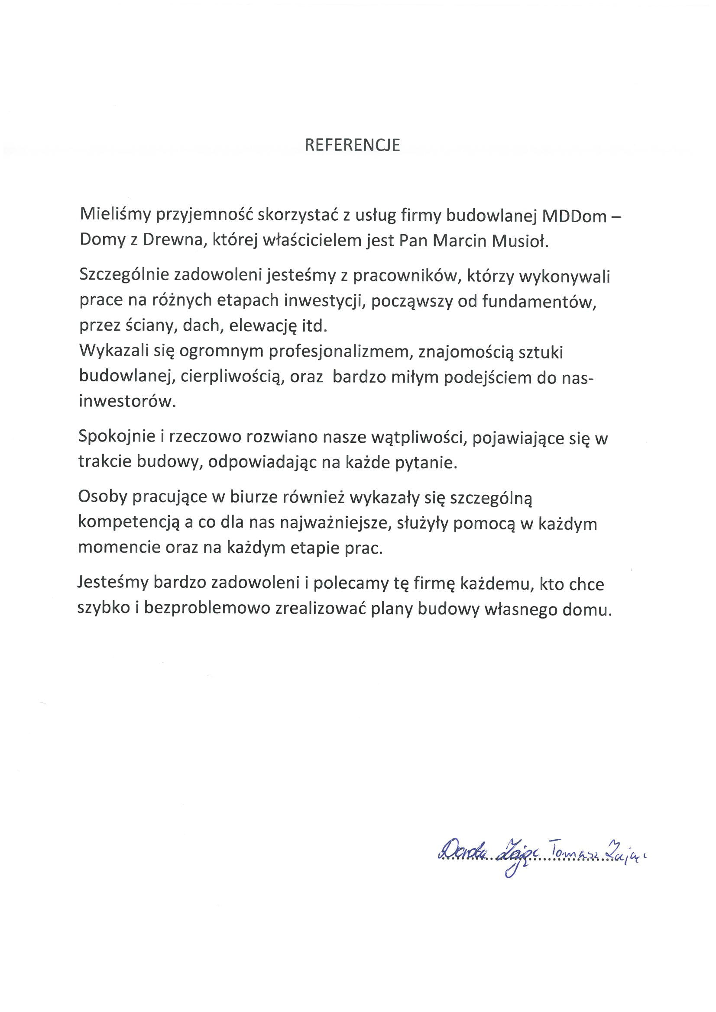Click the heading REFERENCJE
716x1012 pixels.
point(352,145)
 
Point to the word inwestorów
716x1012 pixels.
point(127,401)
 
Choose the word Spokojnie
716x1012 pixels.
point(117,437)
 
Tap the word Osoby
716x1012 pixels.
point(102,497)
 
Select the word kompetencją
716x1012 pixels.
point(129,523)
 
